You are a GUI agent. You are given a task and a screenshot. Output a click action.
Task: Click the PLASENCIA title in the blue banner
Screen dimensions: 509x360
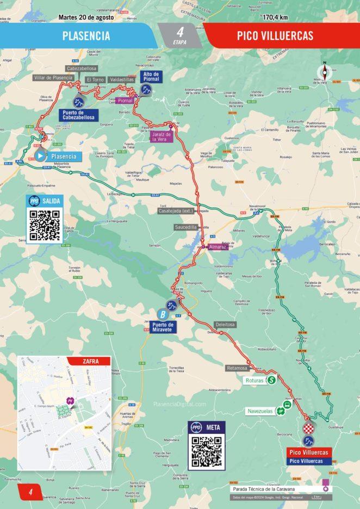pos(86,36)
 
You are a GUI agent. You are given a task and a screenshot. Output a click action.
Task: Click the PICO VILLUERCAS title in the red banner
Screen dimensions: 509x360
pos(275,36)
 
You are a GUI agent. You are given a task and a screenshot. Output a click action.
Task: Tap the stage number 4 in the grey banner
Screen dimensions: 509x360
pos(180,32)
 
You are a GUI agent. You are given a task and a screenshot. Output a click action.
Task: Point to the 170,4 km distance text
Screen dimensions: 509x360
pos(275,17)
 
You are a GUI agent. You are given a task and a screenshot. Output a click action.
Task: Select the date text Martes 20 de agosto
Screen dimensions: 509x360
pos(86,17)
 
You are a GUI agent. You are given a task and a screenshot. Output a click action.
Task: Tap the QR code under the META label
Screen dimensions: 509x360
pos(207,451)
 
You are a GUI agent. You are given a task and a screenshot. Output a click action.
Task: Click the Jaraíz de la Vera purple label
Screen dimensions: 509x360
pos(162,136)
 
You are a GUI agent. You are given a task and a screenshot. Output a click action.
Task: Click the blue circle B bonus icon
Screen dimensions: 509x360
pos(162,314)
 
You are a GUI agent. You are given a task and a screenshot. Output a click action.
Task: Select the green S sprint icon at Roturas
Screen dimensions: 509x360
pos(271,380)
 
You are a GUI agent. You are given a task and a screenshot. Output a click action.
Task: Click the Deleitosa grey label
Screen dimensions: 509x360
pos(225,325)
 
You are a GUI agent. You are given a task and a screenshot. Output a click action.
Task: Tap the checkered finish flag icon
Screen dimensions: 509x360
pos(308,428)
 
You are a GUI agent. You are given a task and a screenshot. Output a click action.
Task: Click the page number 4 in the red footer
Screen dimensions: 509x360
pos(32,492)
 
